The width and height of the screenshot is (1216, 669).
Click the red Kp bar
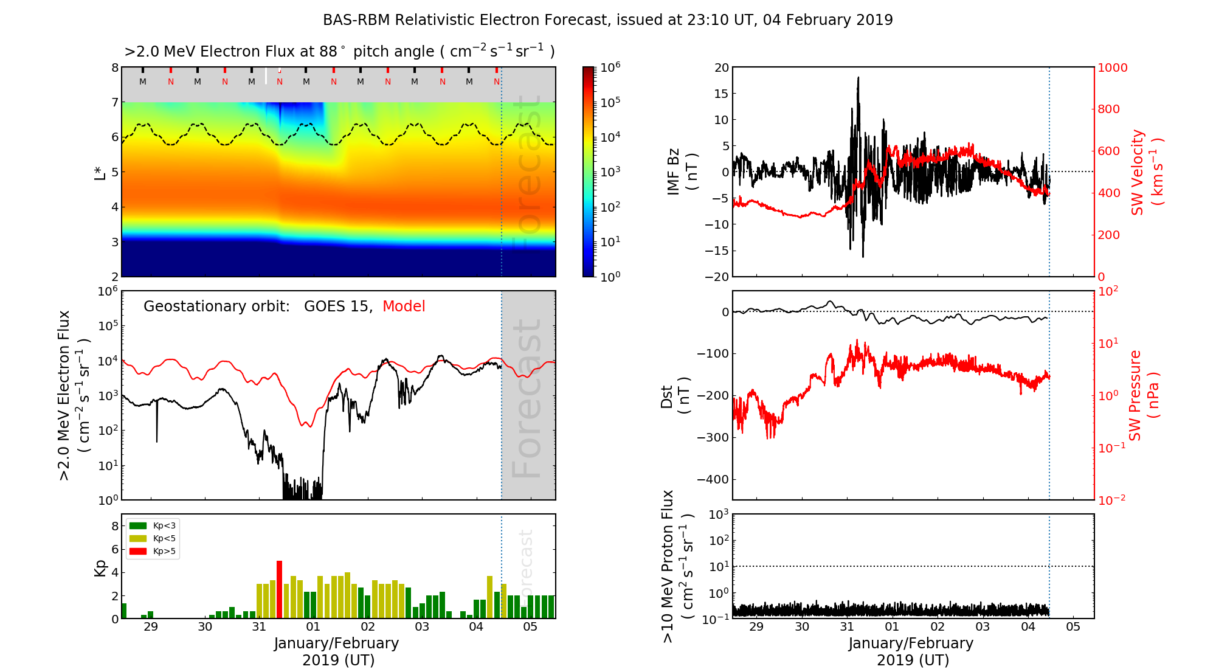[x=280, y=589]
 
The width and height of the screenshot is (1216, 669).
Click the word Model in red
[x=404, y=307]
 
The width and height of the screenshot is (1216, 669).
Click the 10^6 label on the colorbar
[x=610, y=67]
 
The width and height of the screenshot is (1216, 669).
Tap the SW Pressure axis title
[x=1143, y=395]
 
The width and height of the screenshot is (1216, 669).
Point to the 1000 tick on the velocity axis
[x=1112, y=68]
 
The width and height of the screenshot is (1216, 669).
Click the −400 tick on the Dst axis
[x=713, y=479]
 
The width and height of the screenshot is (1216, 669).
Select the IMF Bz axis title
[x=682, y=173]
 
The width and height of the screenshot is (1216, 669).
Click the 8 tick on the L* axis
[x=114, y=68]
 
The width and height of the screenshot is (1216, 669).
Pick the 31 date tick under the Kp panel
[x=259, y=627]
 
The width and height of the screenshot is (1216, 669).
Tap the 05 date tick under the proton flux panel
[x=1073, y=627]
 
